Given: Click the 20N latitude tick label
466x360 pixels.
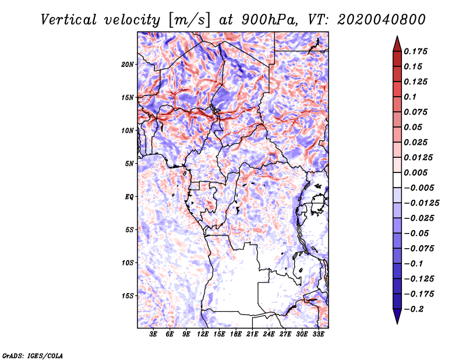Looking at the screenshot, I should tap(128, 64).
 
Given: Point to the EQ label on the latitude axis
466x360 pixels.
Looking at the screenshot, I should tap(129, 197).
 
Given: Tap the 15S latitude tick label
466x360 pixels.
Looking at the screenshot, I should tap(128, 296).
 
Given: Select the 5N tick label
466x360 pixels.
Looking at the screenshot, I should tap(129, 164).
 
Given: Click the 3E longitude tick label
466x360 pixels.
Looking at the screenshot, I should tap(154, 335).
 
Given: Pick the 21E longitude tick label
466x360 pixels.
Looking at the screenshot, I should tap(253, 335).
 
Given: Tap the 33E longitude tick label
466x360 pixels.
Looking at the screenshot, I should tap(319, 335).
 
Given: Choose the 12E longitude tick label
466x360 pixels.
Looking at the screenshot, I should tap(203, 335).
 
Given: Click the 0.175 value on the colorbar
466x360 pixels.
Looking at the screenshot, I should tap(417, 51).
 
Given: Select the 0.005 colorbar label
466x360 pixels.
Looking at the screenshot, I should tap(417, 172).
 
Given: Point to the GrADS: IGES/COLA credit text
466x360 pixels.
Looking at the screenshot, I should tap(32, 355).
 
